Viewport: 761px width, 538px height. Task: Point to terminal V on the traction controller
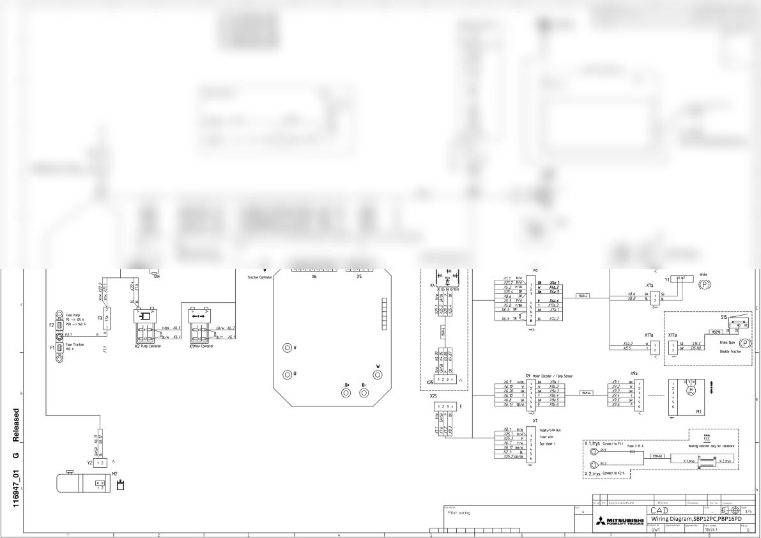[288, 348]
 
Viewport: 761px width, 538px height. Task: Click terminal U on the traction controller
[288, 373]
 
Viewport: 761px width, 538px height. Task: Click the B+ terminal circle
[347, 392]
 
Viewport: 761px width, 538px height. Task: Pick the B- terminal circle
[364, 392]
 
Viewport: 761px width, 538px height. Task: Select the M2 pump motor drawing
[77, 482]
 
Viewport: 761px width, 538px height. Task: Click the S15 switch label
[723, 317]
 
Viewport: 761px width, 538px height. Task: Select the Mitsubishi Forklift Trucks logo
[619, 521]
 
